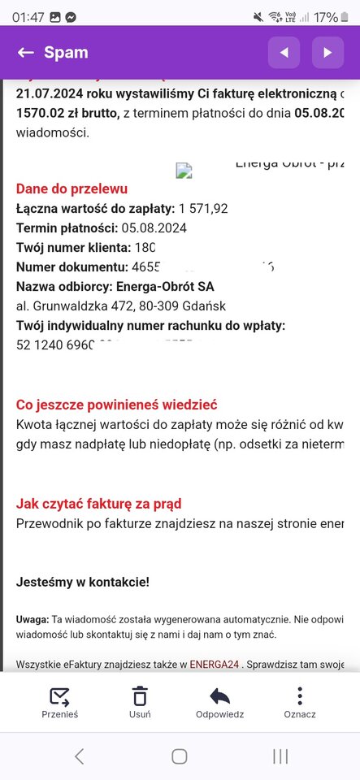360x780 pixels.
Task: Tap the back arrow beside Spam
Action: point(25,53)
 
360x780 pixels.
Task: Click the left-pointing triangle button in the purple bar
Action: point(284,53)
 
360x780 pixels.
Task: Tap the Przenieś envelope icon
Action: point(59,696)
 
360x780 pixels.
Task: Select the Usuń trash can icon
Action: point(140,696)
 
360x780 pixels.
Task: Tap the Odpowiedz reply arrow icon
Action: point(219,696)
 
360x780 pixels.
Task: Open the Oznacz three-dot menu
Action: point(299,696)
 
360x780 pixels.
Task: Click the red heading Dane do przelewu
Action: point(72,188)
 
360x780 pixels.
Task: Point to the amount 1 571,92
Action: point(203,209)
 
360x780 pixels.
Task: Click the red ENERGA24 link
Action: point(215,665)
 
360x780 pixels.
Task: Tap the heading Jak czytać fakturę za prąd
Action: point(98,504)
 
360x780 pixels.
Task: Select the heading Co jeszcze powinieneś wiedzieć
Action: point(116,405)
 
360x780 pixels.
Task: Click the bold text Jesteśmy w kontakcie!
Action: point(83,582)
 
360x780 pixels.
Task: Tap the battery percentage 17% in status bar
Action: point(326,16)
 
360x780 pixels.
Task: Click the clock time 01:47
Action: point(28,16)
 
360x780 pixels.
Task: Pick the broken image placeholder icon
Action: point(184,171)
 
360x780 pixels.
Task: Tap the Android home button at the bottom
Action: point(180,756)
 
